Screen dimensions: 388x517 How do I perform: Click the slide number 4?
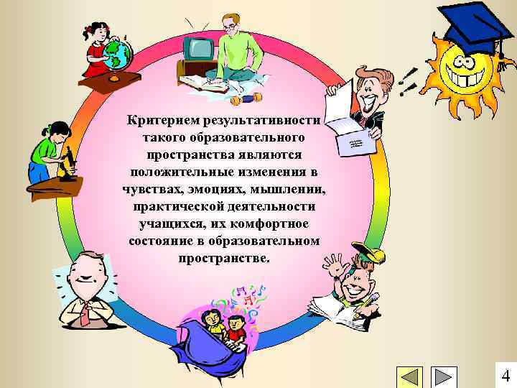point(506,375)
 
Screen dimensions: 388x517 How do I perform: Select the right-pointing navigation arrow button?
point(443,377)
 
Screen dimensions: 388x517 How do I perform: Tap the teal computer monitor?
point(197,48)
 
